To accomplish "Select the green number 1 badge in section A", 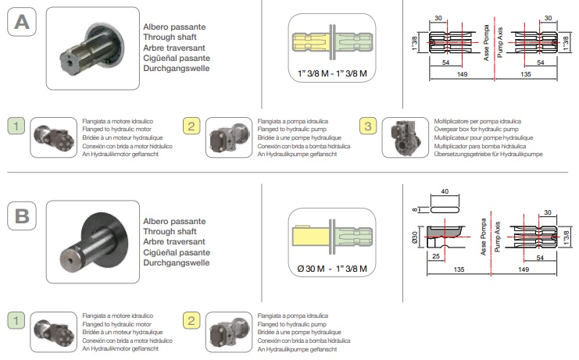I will [16, 126].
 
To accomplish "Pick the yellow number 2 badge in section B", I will [191, 319].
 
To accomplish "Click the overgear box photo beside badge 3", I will [404, 137].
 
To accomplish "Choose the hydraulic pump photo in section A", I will [229, 139].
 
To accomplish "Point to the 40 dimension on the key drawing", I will [445, 191].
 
